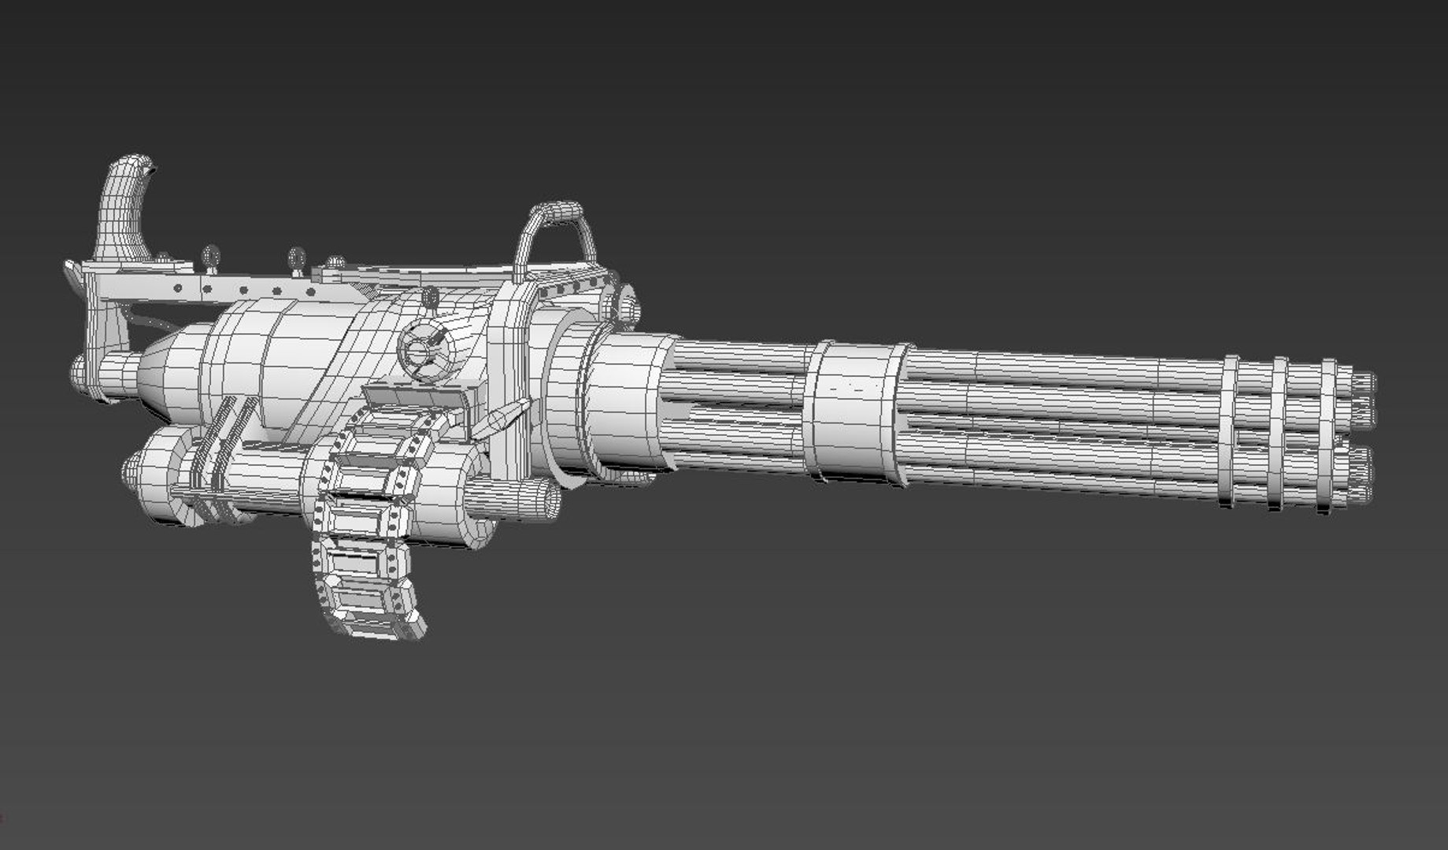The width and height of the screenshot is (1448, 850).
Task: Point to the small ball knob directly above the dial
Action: (430, 297)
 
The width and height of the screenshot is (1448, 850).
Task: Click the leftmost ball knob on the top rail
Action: (210, 256)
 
